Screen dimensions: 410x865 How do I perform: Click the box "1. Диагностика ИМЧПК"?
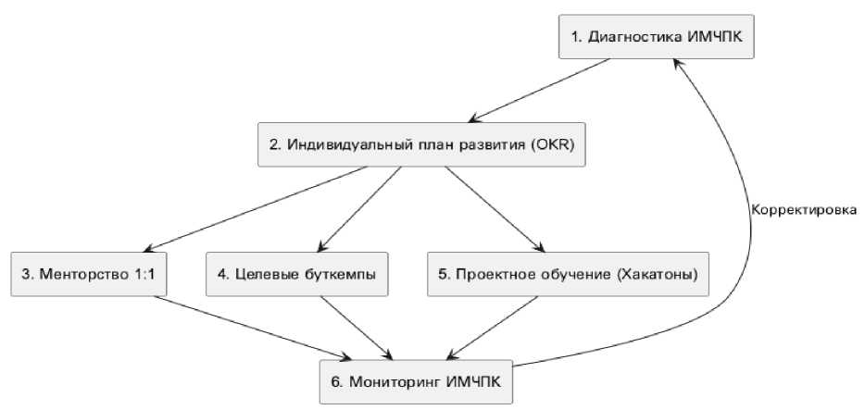tap(656, 38)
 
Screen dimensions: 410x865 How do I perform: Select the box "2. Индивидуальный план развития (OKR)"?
tap(420, 146)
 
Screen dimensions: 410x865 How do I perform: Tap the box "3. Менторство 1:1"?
tap(90, 274)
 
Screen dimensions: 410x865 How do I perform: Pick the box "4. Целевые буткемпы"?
tap(297, 274)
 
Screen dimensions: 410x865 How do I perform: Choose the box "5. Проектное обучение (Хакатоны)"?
tap(568, 274)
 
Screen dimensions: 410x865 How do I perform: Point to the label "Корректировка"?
tap(803, 209)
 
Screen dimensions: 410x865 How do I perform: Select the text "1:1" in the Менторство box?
tap(143, 274)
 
